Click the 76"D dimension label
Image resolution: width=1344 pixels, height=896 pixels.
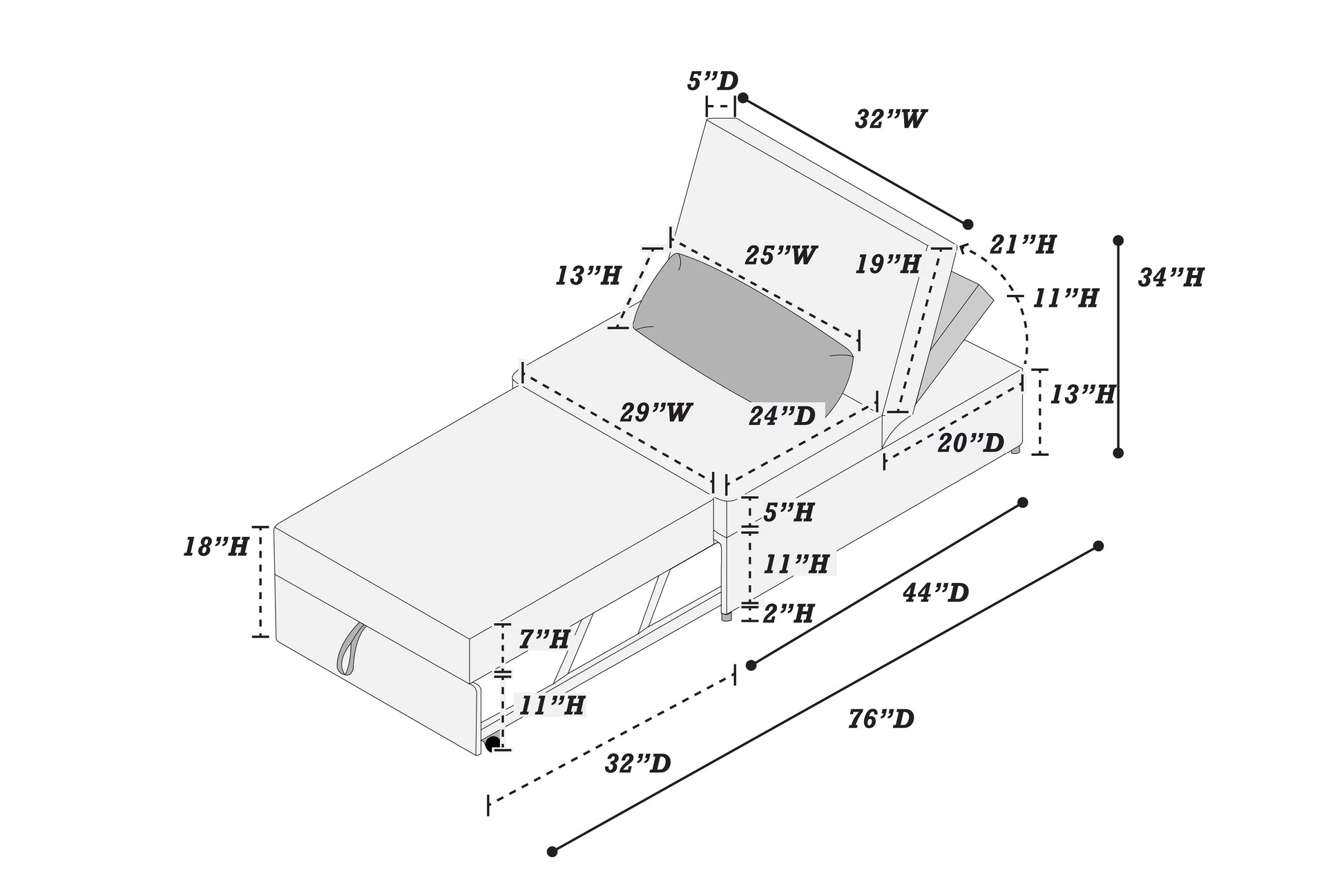881,719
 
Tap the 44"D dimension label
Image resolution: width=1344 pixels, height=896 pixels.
935,592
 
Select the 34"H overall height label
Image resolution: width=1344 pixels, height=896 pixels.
1171,278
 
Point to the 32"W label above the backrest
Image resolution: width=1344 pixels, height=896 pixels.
891,119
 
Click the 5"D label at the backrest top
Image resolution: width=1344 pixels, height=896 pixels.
712,82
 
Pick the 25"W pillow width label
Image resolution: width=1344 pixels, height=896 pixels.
780,256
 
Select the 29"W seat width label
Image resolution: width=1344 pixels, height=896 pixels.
656,412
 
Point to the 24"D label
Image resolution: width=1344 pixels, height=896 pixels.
783,415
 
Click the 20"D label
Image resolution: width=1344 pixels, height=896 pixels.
970,443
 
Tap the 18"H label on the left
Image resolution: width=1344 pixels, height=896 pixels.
216,547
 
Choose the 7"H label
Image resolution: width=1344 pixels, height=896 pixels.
544,639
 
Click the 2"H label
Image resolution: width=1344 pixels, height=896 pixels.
789,613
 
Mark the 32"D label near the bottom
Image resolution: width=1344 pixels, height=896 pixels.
638,763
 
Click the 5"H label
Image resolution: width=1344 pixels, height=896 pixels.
789,512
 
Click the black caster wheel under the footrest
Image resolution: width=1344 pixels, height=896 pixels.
493,744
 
